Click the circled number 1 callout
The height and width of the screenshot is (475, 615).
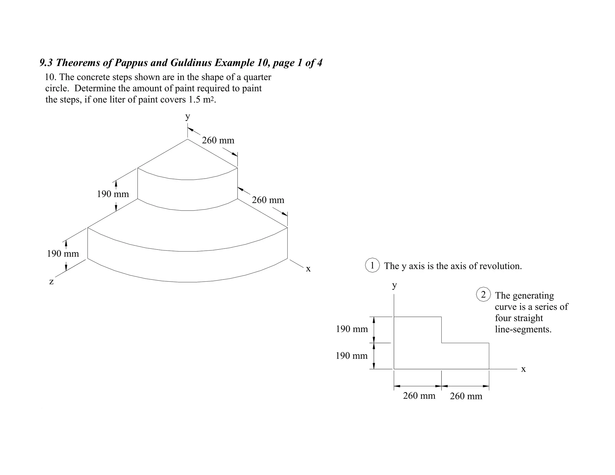pos(372,265)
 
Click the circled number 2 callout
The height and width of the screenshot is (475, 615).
pos(483,295)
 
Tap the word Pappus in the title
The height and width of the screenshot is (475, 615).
pos(132,63)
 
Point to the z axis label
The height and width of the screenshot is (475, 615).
pos(51,282)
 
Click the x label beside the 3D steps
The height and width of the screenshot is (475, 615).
pos(308,269)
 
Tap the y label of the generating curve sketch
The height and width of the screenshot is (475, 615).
pos(394,285)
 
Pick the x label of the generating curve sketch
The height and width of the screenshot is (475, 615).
pos(523,369)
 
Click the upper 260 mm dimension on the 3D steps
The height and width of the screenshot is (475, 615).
pos(218,140)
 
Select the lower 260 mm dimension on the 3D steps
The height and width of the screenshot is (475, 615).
pos(268,200)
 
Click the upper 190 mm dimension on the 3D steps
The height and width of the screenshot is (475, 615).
pos(113,194)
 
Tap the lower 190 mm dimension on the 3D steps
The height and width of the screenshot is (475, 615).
pos(63,254)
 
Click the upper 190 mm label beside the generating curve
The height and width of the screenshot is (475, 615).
pos(352,329)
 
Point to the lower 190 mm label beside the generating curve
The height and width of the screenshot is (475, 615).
pos(352,356)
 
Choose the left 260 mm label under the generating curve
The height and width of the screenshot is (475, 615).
pos(419,396)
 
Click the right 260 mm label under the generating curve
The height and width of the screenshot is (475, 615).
pos(466,396)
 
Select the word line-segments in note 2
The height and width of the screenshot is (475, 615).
pos(523,329)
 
